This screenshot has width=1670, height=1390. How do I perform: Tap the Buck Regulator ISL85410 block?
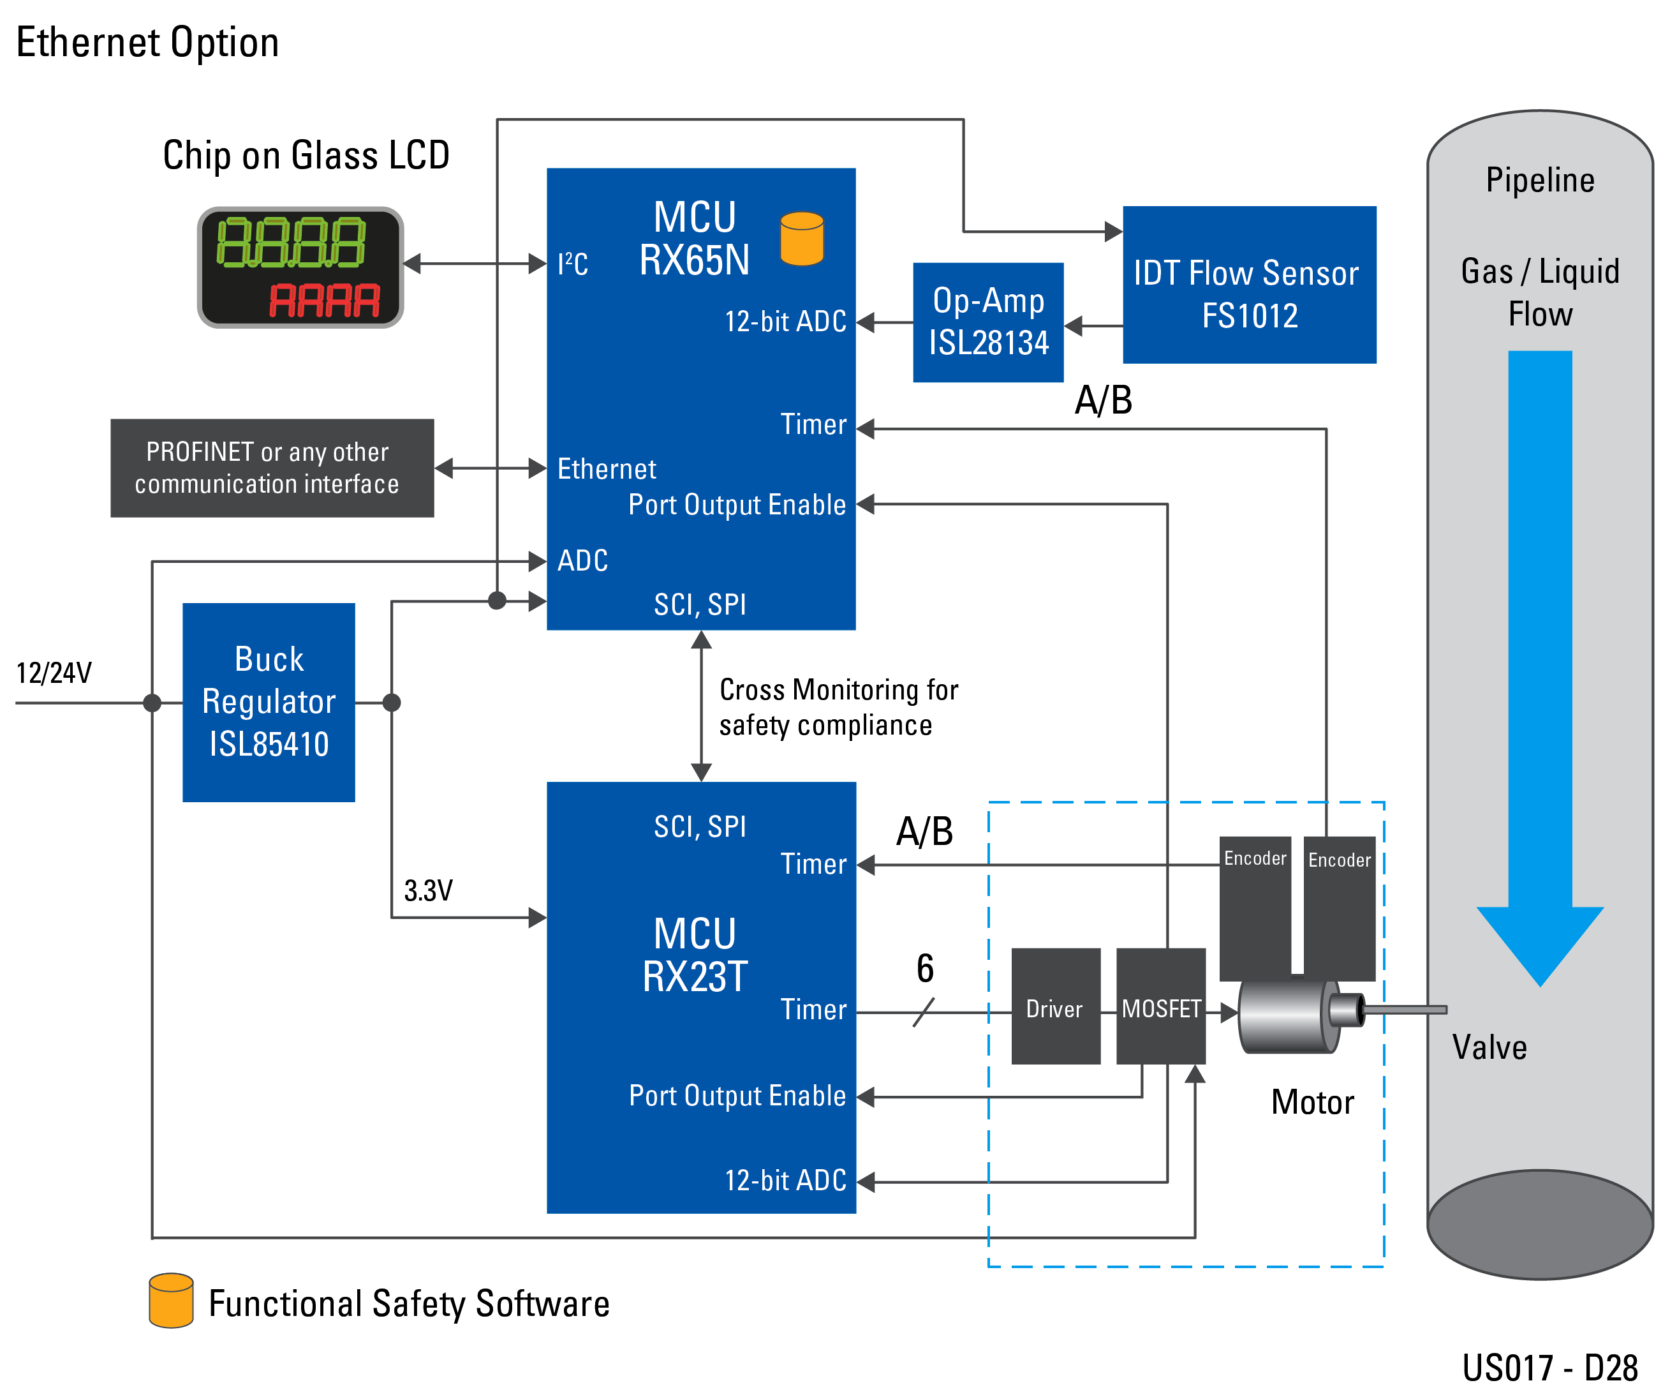(x=269, y=702)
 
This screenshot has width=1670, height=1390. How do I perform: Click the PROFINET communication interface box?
(x=272, y=468)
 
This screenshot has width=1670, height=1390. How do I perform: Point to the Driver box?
(x=1055, y=1006)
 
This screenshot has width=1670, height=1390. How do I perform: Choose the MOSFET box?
(x=1160, y=1006)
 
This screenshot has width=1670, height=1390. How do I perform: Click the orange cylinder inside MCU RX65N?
(x=802, y=238)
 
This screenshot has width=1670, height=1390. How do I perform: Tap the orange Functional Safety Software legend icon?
(x=171, y=1300)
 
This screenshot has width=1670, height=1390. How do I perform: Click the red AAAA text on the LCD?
(x=325, y=301)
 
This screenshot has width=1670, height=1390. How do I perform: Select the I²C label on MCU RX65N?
(x=573, y=264)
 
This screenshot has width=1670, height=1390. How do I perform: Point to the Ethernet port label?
(x=607, y=470)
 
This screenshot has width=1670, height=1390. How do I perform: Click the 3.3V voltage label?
(x=428, y=890)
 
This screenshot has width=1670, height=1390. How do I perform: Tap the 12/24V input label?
(x=54, y=673)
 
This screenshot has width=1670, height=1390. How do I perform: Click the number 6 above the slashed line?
(x=925, y=968)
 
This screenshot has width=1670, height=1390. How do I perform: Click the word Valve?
(x=1489, y=1047)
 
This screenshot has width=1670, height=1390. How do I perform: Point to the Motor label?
(x=1312, y=1102)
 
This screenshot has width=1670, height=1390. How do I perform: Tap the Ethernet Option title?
(x=148, y=42)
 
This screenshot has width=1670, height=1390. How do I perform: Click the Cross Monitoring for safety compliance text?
(x=838, y=707)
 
